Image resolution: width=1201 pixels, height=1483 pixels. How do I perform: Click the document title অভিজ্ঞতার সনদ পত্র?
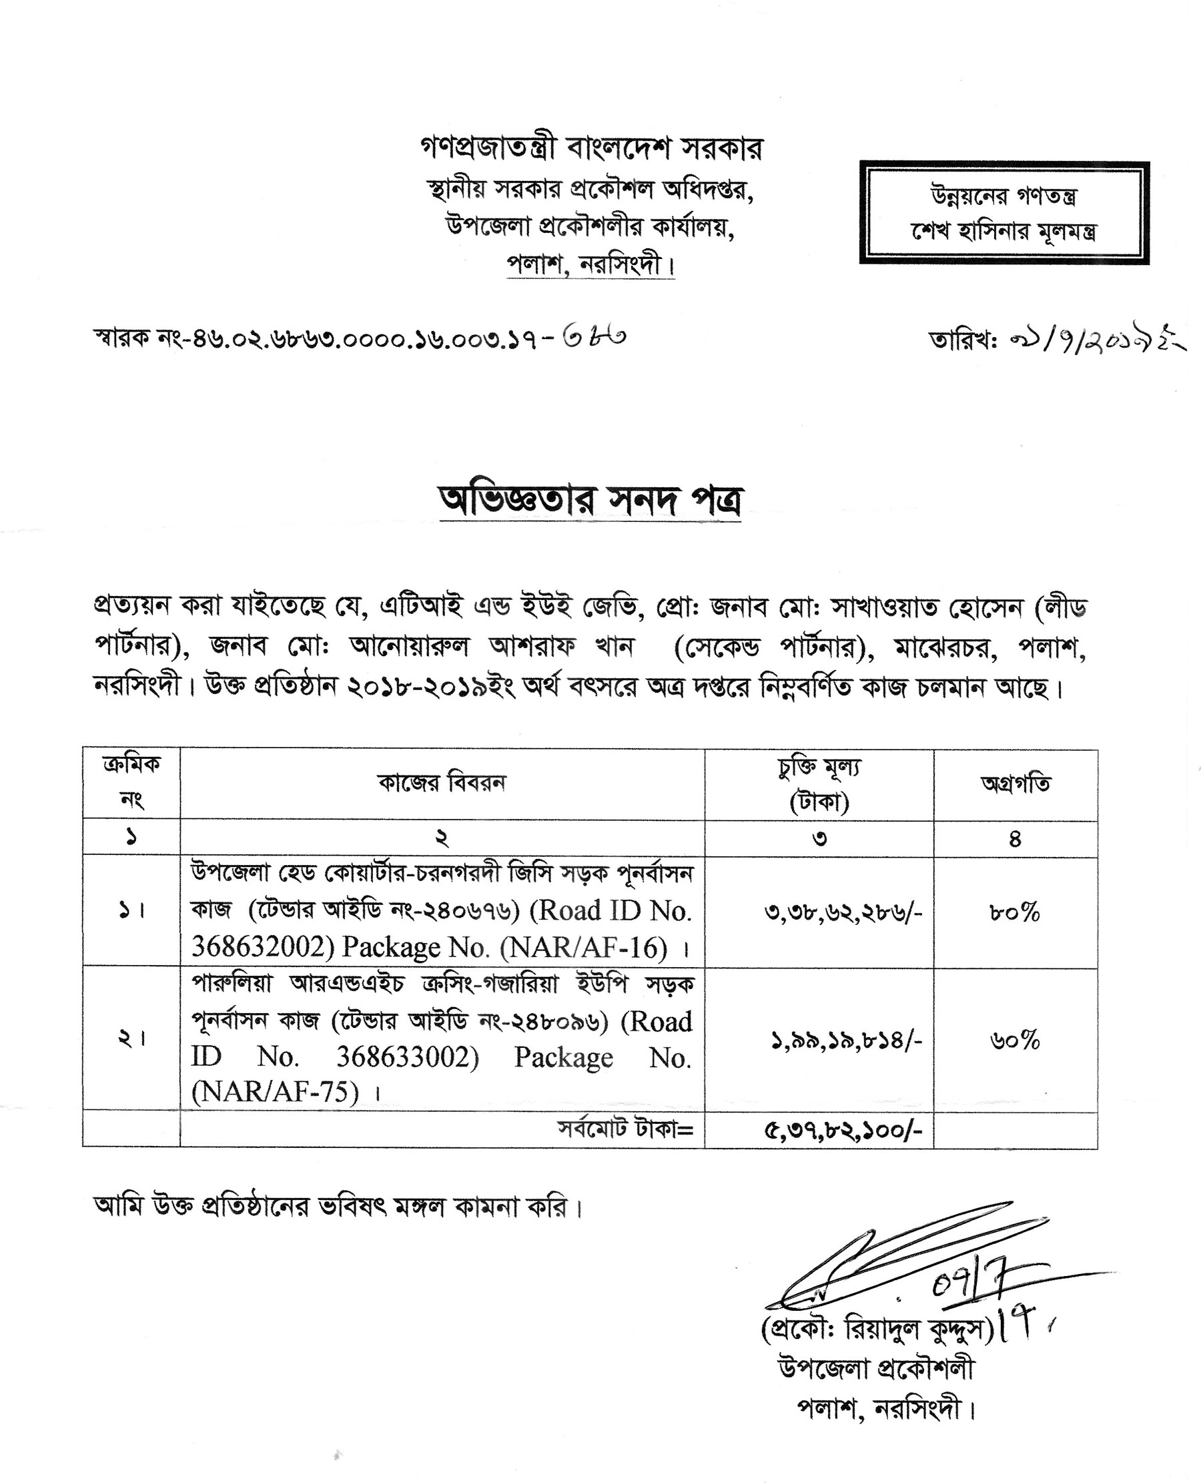[x=590, y=501]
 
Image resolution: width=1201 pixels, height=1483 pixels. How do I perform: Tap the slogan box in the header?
[x=1004, y=213]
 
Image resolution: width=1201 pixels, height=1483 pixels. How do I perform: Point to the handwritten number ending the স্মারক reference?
[x=594, y=337]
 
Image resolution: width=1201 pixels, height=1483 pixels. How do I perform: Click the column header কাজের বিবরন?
[x=442, y=784]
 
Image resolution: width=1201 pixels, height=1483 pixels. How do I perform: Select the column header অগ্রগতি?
[x=1015, y=785]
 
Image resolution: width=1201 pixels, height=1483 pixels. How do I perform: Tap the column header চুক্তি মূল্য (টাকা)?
[x=819, y=784]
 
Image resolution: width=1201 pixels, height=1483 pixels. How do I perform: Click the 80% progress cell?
[x=1015, y=913]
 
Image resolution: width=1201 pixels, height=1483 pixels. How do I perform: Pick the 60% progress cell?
[x=1015, y=1040]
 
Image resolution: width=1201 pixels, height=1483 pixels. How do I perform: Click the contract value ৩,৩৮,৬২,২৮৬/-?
[x=843, y=914]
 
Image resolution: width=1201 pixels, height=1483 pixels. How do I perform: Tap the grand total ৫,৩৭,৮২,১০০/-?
[x=843, y=1131]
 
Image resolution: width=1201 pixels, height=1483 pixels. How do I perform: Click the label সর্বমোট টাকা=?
[x=625, y=1129]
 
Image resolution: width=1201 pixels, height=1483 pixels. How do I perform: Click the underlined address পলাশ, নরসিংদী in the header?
[x=589, y=265]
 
